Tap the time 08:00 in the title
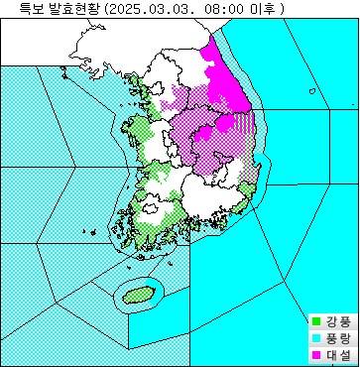click(219, 9)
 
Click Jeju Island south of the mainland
click(135, 294)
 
